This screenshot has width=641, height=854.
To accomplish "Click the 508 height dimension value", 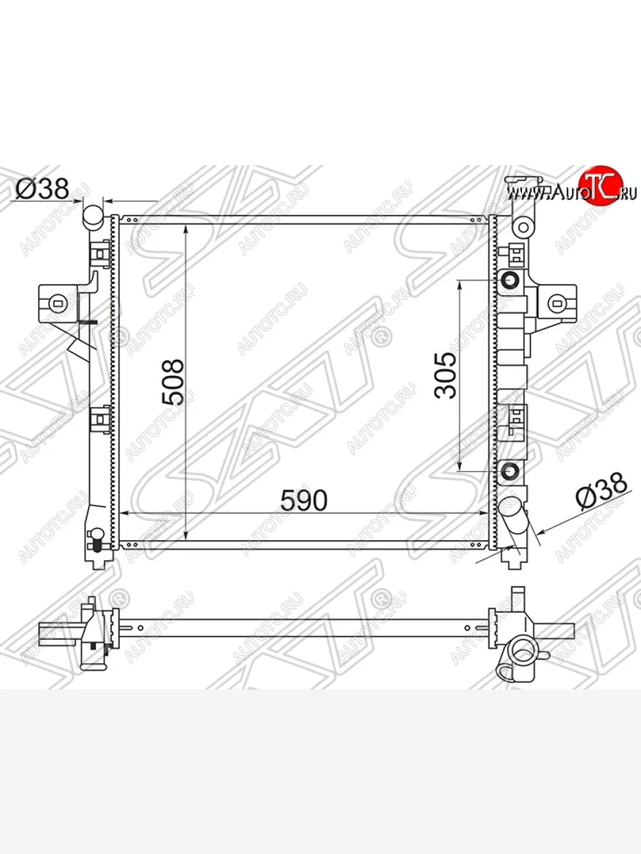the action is [172, 382].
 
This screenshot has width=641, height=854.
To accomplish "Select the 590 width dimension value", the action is [303, 500].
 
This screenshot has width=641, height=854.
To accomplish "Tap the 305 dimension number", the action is [445, 376].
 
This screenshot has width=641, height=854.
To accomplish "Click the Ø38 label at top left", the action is [42, 189].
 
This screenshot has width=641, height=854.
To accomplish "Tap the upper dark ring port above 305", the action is [509, 280].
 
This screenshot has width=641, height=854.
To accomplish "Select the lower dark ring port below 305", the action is [509, 471].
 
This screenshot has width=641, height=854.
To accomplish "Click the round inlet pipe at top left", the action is [93, 216].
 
